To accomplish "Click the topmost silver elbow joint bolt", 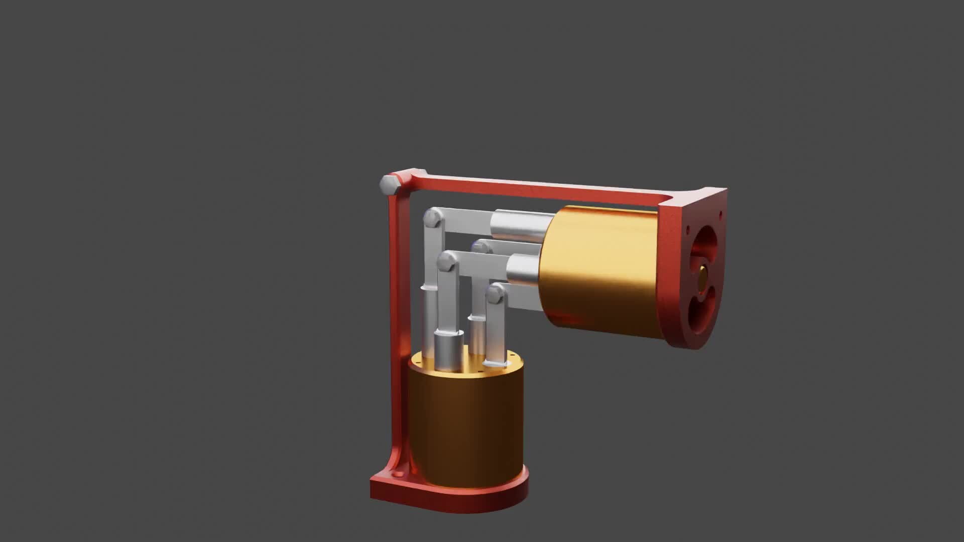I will [432, 218].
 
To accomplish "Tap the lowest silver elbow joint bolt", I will [496, 294].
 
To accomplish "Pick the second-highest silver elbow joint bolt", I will [445, 261].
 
